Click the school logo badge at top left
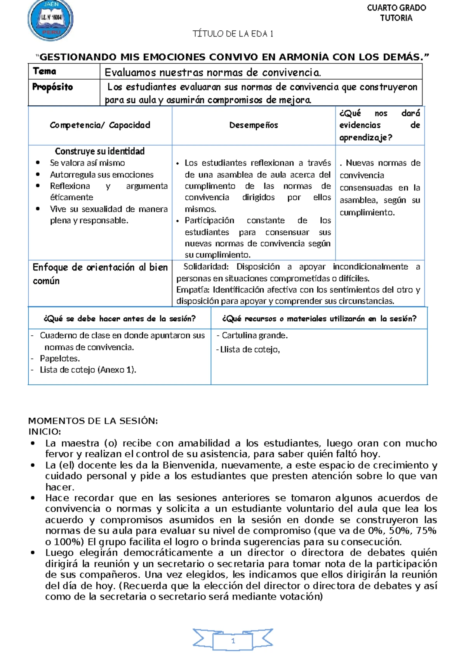(x=50, y=19)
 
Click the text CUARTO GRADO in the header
(x=396, y=8)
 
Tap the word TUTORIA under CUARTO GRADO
(x=396, y=18)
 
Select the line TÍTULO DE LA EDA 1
(x=233, y=34)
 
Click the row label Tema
(x=45, y=71)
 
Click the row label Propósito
(x=52, y=87)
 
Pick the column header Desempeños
(x=254, y=125)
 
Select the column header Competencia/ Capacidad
(x=100, y=125)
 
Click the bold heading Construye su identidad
(x=100, y=151)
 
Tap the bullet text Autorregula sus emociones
(x=102, y=174)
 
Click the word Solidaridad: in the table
(x=206, y=267)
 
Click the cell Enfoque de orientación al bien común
(x=100, y=274)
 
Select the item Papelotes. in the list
(x=60, y=358)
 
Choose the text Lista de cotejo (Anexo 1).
(x=88, y=370)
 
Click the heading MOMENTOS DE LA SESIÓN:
(x=93, y=421)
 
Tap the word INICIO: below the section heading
(x=45, y=432)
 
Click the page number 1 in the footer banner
(x=233, y=641)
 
